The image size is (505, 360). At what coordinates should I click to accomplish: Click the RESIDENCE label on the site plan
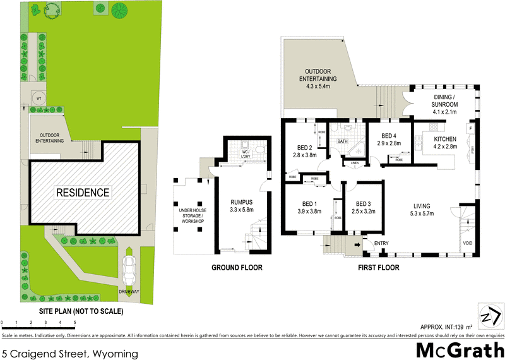tap(82, 193)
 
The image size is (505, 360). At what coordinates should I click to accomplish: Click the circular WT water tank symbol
tap(39, 98)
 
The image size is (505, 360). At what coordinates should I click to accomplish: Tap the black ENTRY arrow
tap(365, 243)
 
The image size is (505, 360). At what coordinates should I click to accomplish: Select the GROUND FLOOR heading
tap(237, 268)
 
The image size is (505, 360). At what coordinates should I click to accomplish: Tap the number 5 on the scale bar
tap(75, 323)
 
